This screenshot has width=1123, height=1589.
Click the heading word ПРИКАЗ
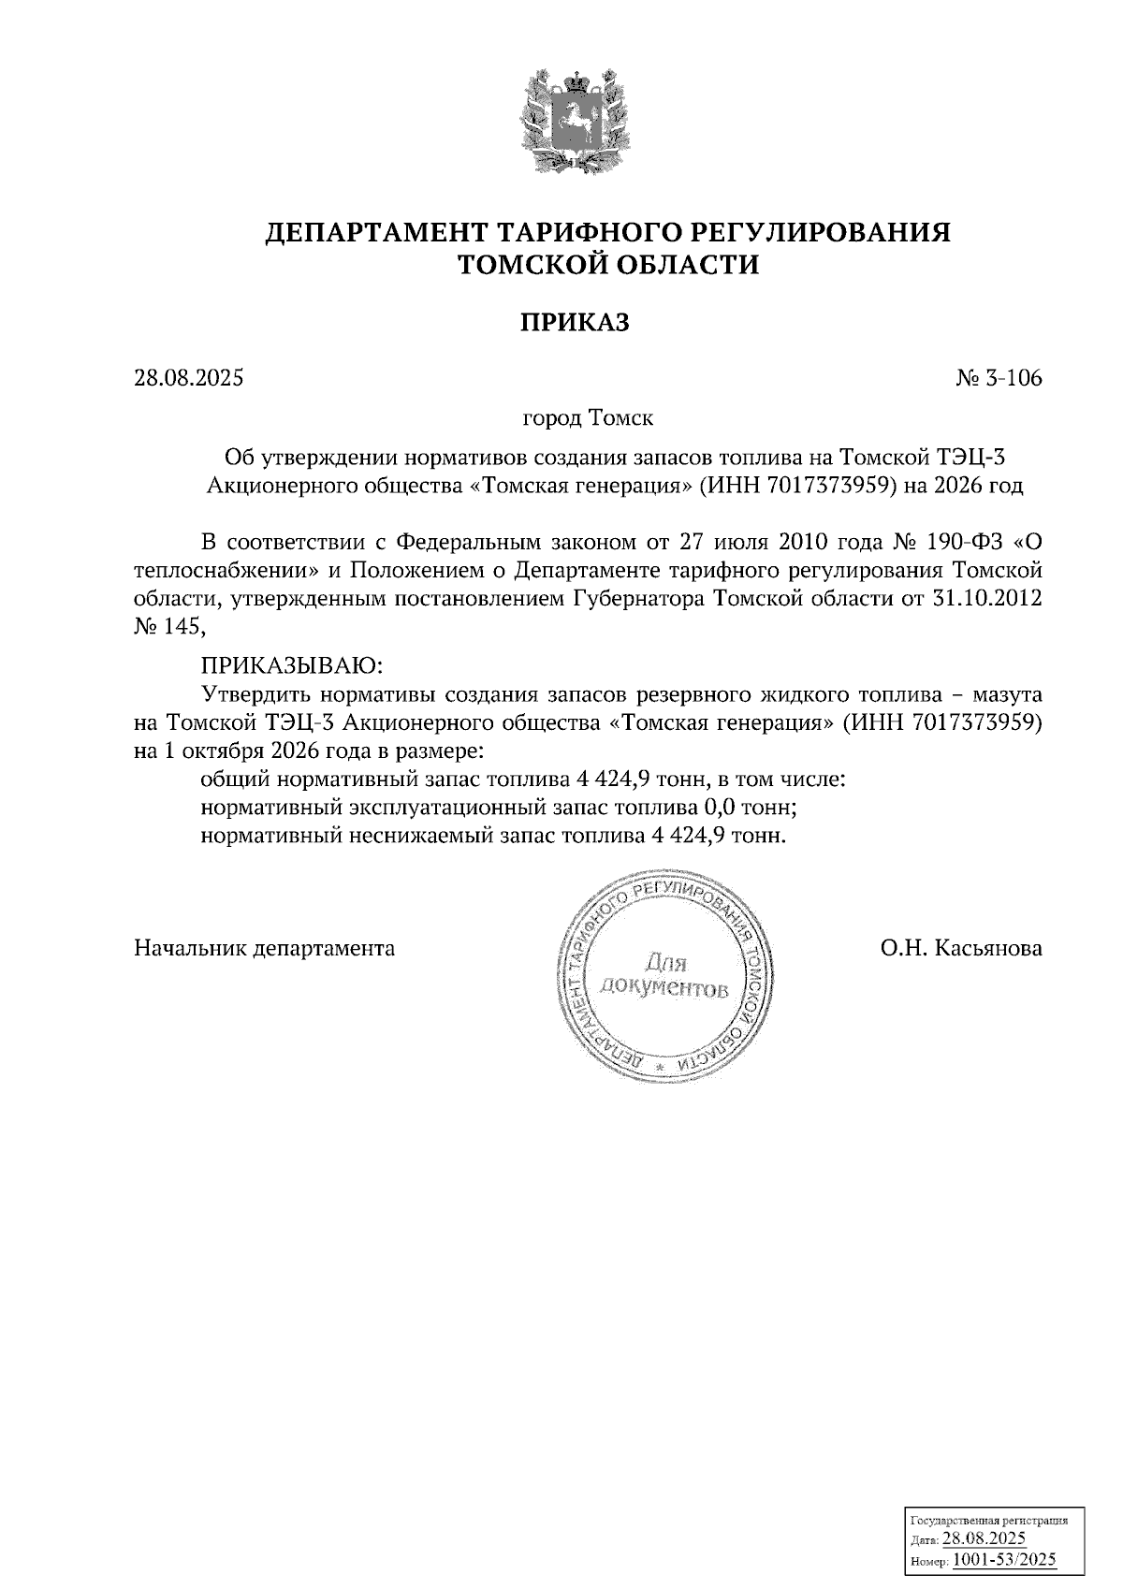click(x=575, y=323)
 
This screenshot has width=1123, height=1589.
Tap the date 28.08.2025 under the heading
click(x=189, y=378)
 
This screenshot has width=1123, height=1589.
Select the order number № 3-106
click(x=999, y=378)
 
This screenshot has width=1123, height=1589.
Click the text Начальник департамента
click(x=265, y=949)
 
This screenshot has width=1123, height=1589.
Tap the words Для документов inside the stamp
click(x=664, y=975)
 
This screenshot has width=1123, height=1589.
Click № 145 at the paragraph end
click(x=168, y=627)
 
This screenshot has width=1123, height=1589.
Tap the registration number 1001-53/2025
click(x=1004, y=1560)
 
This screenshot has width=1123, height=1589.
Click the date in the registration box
click(x=984, y=1539)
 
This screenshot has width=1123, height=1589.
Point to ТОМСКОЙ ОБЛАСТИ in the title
click(x=606, y=266)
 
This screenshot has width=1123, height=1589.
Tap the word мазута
click(x=1008, y=695)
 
